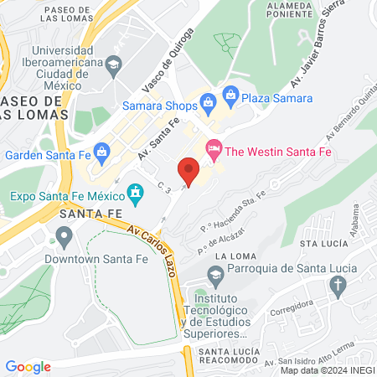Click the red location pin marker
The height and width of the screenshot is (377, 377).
pyautogui.click(x=188, y=172)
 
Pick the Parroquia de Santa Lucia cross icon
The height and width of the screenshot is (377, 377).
pyautogui.click(x=338, y=287)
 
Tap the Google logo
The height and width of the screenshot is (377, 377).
pyautogui.click(x=28, y=366)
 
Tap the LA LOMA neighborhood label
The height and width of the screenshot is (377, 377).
pyautogui.click(x=233, y=256)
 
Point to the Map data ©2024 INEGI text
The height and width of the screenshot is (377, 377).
pyautogui.click(x=327, y=370)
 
